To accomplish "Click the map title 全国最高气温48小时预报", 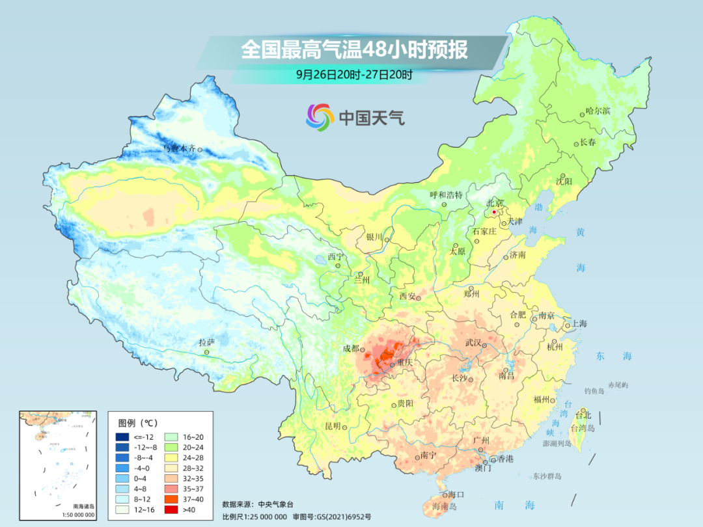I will (x=354, y=49).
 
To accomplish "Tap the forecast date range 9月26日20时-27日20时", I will (x=354, y=75).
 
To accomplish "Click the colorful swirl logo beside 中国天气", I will (x=320, y=117).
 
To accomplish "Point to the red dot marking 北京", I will (x=494, y=212).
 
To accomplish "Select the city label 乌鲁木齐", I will (x=178, y=149).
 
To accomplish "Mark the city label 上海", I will (x=579, y=323).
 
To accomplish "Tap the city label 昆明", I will (x=333, y=426).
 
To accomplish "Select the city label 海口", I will (x=456, y=495).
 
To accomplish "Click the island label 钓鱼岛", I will (x=596, y=390).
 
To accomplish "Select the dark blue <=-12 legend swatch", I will (x=122, y=436).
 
